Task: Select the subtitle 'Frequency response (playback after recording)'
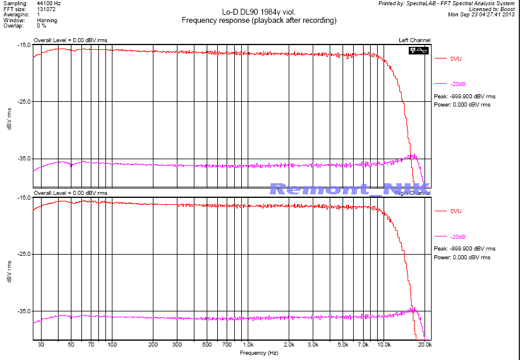pos(259,20)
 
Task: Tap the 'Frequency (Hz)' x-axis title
pos(258,354)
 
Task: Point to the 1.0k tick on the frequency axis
pos(248,345)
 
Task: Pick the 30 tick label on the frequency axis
pos(41,345)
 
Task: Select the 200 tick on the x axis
pos(153,345)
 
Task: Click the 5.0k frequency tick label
pos(343,345)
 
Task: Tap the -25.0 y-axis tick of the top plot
pos(23,102)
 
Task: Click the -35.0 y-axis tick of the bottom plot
pos(23,311)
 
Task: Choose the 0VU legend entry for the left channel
pos(456,59)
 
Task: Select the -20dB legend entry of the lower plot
pos(458,236)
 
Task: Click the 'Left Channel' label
pos(415,40)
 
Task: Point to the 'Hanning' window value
pos(47,20)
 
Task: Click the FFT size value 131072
pos(46,9)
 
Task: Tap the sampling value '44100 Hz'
pos(49,4)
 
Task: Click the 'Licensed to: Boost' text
pos(489,9)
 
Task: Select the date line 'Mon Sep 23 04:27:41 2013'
pos(482,15)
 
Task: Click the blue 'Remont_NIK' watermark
pos(350,188)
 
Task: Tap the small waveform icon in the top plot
pos(419,50)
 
